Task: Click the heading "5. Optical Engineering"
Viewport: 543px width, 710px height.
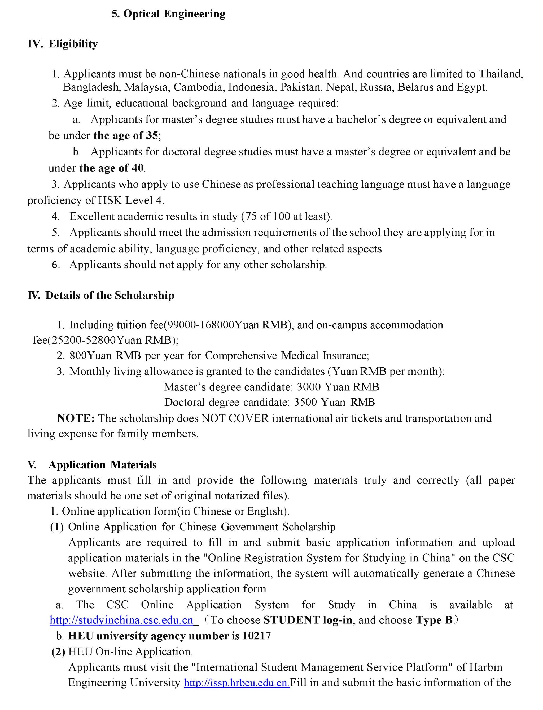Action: click(168, 14)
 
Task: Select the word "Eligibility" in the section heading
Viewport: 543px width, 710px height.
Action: click(73, 44)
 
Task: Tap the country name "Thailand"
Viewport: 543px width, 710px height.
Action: click(500, 74)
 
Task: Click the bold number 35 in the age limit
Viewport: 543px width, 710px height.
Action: click(152, 135)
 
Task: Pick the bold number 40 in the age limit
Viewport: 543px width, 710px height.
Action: click(138, 168)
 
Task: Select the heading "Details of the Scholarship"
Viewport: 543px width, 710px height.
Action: click(110, 296)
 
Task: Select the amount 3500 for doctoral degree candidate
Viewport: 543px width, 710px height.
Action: click(306, 402)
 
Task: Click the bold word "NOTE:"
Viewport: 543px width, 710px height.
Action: click(76, 418)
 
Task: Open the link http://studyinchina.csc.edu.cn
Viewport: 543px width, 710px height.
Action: click(121, 620)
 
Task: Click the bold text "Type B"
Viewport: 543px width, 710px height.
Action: click(434, 620)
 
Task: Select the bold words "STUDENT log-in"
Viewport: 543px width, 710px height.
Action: click(308, 620)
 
